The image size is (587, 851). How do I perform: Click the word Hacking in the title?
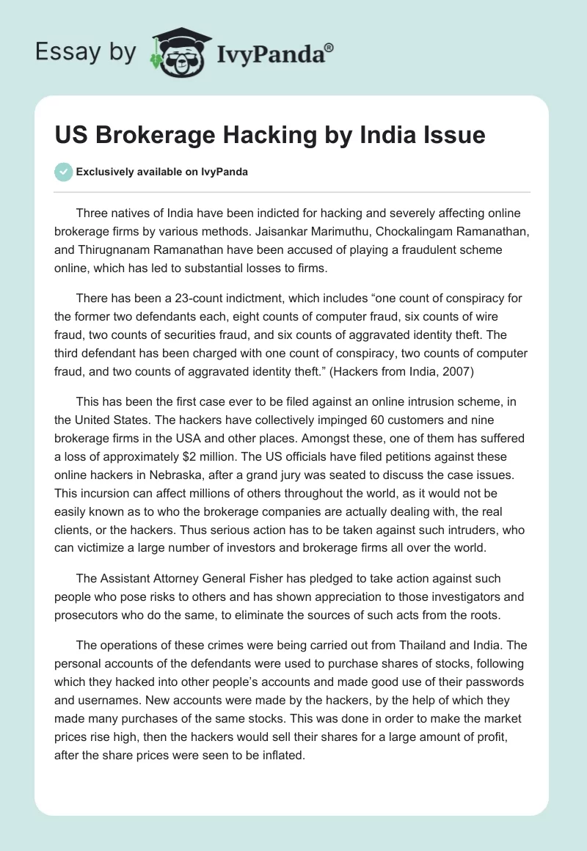pos(253,136)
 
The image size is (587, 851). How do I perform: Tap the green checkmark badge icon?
pos(63,172)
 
